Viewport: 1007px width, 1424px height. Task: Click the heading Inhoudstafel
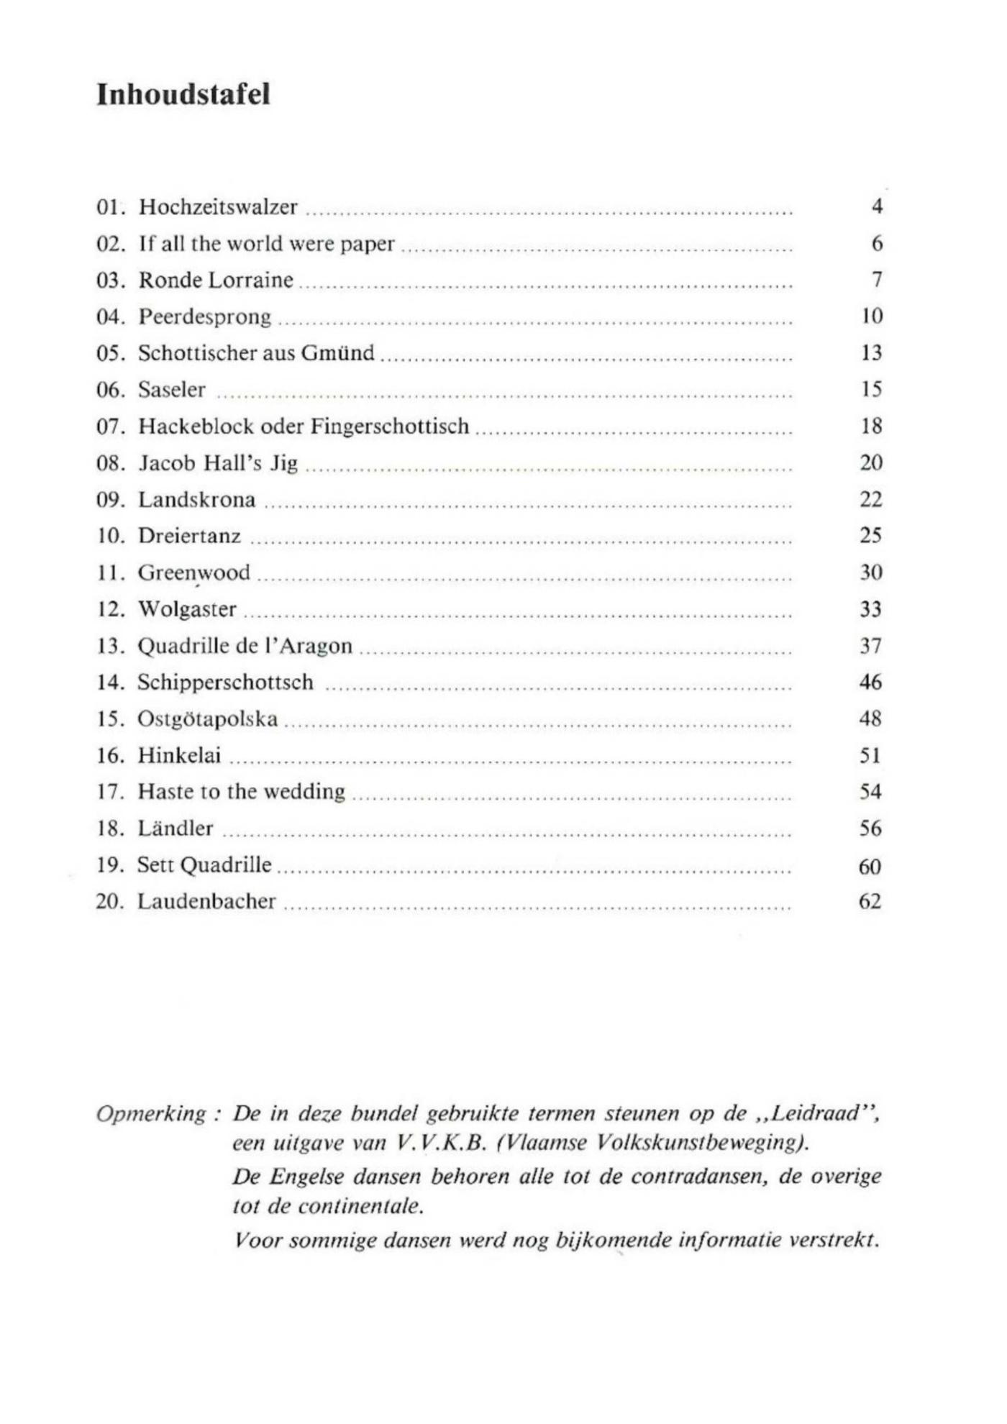click(183, 95)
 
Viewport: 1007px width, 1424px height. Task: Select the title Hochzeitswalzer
click(218, 207)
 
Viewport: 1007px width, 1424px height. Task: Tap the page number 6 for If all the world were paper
click(877, 244)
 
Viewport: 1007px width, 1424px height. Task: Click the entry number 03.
click(110, 280)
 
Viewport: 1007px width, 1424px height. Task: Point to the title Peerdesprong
click(205, 317)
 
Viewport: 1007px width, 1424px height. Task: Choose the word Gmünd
click(338, 353)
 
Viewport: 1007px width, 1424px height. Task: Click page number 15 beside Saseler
click(871, 390)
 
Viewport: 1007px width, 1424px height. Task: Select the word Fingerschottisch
click(390, 426)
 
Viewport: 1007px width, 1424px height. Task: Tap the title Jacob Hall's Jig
click(218, 463)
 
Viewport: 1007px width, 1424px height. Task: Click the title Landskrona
click(196, 500)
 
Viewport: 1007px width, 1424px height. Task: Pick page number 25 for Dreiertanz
click(871, 536)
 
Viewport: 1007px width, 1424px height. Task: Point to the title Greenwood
click(194, 573)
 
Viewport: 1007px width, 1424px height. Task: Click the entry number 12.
click(110, 609)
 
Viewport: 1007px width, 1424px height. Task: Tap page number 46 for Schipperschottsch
click(870, 683)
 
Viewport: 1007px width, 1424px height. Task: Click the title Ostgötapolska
click(208, 719)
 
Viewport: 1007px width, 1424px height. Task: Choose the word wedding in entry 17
click(305, 792)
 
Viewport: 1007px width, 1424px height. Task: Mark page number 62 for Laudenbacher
click(870, 902)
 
